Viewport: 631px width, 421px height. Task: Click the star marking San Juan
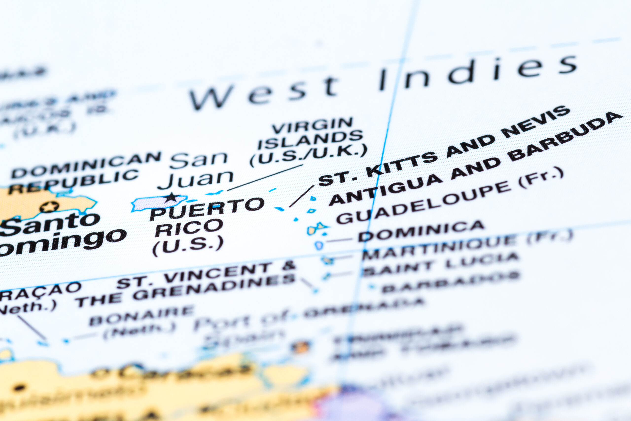pyautogui.click(x=171, y=198)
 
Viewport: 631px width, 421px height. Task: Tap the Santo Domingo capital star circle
pyautogui.click(x=49, y=207)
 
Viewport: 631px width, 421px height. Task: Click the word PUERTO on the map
pyautogui.click(x=207, y=209)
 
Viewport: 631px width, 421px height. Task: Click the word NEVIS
pyautogui.click(x=536, y=122)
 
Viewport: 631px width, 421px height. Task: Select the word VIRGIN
pyautogui.click(x=313, y=126)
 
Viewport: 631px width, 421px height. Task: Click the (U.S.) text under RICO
pyautogui.click(x=188, y=245)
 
